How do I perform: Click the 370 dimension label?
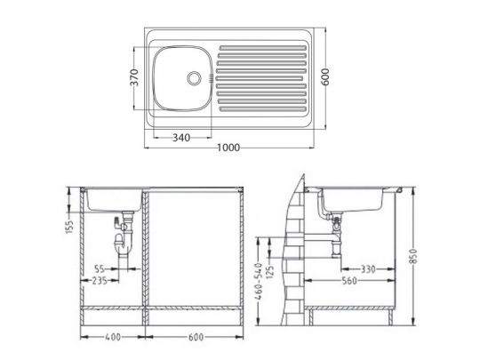click(134, 77)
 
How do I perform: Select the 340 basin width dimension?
click(181, 138)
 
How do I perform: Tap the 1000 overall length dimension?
click(228, 148)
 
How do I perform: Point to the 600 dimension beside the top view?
click(325, 76)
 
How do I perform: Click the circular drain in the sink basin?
click(194, 78)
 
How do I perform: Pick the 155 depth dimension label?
click(70, 227)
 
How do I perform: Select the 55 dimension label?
click(100, 269)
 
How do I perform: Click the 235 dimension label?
click(100, 280)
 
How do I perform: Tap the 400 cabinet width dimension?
click(113, 337)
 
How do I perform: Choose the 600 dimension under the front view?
click(196, 337)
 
